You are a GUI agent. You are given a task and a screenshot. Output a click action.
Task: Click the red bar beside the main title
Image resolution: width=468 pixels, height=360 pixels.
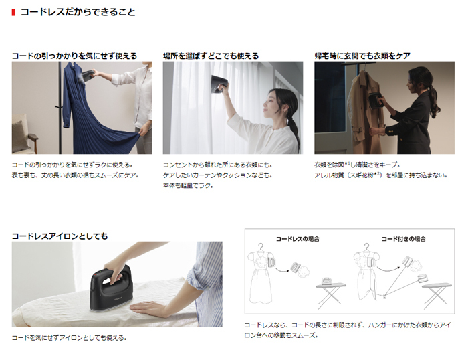click(x=13, y=13)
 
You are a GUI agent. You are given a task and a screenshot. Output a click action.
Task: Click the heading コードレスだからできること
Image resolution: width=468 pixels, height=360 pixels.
click(x=78, y=12)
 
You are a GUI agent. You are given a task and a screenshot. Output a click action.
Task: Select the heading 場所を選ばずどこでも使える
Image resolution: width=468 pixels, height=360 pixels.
click(x=211, y=56)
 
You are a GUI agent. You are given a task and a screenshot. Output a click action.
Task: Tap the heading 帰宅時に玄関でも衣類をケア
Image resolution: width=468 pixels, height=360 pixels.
click(x=362, y=56)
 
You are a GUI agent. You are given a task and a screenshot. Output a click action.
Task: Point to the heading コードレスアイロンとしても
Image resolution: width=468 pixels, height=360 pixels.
click(x=60, y=236)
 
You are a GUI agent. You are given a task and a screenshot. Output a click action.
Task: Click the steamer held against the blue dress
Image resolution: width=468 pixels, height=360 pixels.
click(x=87, y=76)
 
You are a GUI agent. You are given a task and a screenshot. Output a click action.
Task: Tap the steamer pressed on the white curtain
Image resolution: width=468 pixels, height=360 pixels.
click(x=220, y=84)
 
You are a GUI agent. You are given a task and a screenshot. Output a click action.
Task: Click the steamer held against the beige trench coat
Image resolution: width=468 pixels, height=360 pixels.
click(x=376, y=100)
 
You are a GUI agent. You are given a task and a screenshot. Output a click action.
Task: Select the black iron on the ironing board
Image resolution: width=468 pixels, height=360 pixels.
click(x=111, y=288)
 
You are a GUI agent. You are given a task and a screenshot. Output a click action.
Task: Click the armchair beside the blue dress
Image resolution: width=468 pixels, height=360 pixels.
click(x=23, y=134)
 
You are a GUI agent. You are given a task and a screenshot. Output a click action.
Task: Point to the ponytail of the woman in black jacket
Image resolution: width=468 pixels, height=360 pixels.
click(x=434, y=102)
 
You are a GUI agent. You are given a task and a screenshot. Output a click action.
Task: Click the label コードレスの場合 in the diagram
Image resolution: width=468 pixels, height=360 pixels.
click(x=298, y=239)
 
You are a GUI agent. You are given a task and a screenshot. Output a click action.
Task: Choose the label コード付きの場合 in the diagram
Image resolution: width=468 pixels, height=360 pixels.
click(x=404, y=239)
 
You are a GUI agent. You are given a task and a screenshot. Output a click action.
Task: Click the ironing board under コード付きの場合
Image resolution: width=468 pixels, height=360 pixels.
click(x=437, y=295)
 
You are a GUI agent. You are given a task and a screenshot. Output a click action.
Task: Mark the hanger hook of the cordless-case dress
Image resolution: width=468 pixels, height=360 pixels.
click(x=262, y=246)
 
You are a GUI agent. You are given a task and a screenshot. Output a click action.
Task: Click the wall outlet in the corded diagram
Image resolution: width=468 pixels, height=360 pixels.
click(x=385, y=296)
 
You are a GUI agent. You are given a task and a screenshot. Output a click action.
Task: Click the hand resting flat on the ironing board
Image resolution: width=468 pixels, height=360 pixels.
click(x=146, y=308)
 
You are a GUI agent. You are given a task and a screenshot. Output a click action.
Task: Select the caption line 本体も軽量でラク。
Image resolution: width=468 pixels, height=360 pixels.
click(x=188, y=185)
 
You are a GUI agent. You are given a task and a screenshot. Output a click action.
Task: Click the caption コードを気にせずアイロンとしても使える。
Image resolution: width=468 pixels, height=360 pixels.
click(x=70, y=338)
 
